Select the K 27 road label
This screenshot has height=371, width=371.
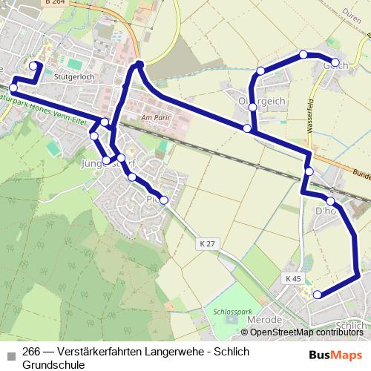click(x=207, y=243)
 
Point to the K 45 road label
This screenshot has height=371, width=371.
click(x=294, y=278)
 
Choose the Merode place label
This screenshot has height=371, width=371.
click(x=264, y=319)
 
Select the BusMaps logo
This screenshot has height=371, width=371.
click(x=336, y=354)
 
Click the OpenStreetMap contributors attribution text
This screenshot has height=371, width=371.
click(x=306, y=332)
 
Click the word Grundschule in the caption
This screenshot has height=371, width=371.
click(x=54, y=365)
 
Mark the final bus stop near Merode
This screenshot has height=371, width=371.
click(x=318, y=295)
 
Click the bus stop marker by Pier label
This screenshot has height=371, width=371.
click(x=164, y=200)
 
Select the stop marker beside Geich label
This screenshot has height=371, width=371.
click(x=335, y=62)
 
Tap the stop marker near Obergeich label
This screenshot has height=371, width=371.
click(x=253, y=107)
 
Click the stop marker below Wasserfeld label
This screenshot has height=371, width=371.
click(x=309, y=172)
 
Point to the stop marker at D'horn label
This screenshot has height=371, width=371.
click(x=330, y=201)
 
